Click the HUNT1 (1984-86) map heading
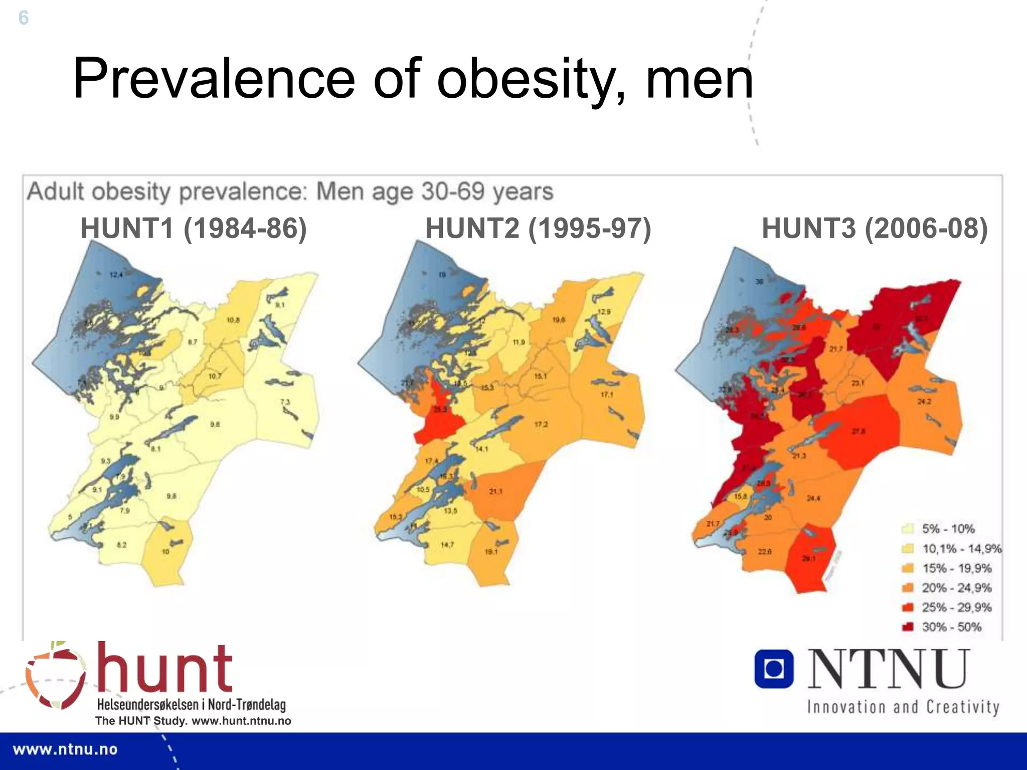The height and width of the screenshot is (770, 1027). point(194,229)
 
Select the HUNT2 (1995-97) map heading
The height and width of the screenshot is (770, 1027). point(538,229)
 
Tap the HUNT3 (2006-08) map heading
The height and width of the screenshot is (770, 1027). point(875,229)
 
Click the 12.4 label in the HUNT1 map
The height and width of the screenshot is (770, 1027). point(116,275)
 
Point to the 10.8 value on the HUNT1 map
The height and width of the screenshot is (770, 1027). point(233,320)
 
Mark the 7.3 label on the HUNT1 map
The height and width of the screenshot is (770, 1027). point(285,402)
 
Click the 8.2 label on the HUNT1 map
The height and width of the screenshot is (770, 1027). point(122,545)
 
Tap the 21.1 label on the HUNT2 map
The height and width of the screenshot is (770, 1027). point(495,491)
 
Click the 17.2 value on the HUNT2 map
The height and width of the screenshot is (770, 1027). point(541,425)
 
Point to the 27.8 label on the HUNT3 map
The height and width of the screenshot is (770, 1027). point(859,431)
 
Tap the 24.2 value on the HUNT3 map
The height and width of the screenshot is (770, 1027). point(924,402)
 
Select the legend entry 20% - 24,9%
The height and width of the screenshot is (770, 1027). point(956,588)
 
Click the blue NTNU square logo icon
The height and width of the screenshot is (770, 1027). point(774,669)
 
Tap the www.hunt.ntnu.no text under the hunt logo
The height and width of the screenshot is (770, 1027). point(241,721)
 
